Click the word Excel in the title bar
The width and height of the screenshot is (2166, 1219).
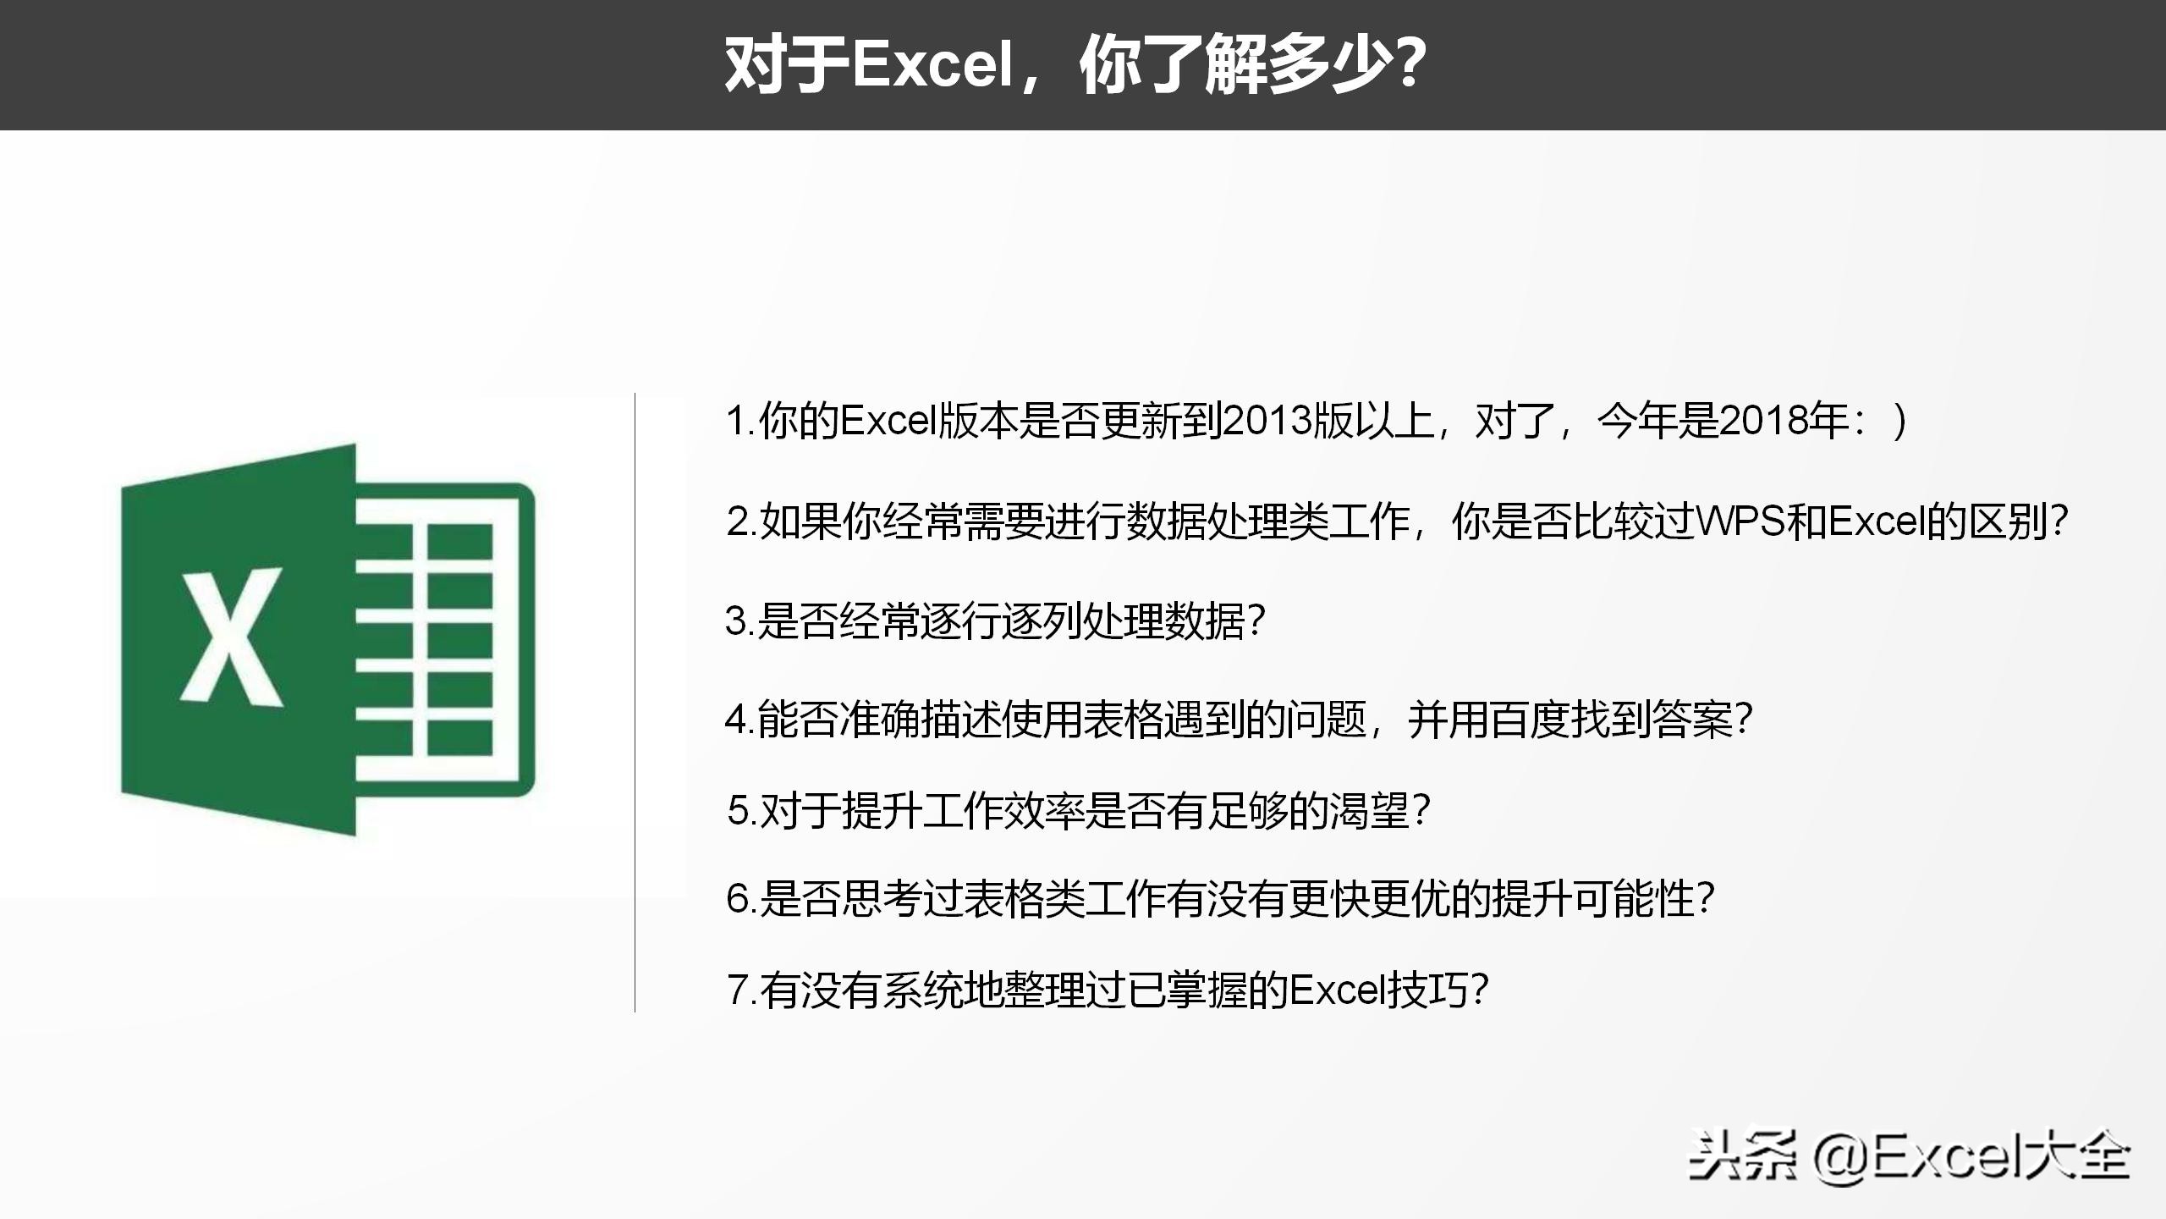[933, 64]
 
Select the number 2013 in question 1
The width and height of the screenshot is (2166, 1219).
[1267, 421]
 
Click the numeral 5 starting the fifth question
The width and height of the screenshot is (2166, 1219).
[738, 811]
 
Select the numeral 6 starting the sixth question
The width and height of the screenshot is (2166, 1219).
[738, 899]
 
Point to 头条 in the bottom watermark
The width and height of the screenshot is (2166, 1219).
[1743, 1157]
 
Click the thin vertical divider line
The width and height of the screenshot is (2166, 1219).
[635, 703]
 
